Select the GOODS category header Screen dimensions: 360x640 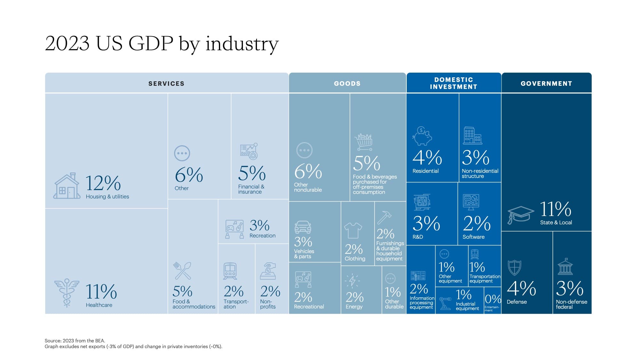(347, 84)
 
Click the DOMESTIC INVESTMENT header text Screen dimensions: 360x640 (453, 83)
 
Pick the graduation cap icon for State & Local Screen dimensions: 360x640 (520, 215)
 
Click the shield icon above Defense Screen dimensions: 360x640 (514, 268)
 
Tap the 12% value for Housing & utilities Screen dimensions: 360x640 (103, 183)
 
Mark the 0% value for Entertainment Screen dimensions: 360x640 (492, 299)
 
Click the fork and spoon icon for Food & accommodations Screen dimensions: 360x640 (182, 271)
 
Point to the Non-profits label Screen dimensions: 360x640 (268, 304)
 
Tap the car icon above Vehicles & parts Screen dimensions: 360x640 (302, 227)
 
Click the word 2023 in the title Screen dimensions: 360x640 (67, 44)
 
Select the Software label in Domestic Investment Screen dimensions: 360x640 (473, 237)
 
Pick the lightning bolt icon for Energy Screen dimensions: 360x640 (352, 281)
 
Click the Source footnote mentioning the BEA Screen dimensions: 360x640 (75, 340)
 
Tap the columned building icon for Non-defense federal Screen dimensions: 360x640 (565, 267)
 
